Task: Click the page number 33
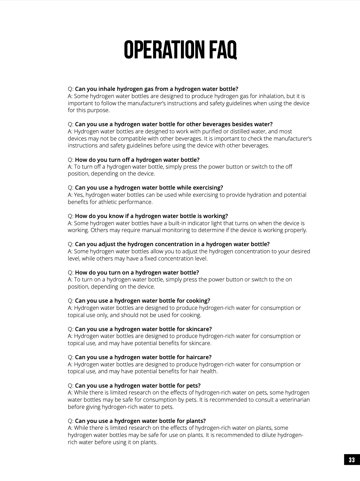coord(352,460)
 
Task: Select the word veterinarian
coord(292,400)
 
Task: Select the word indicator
coord(193,223)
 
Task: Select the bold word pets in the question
coord(193,385)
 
